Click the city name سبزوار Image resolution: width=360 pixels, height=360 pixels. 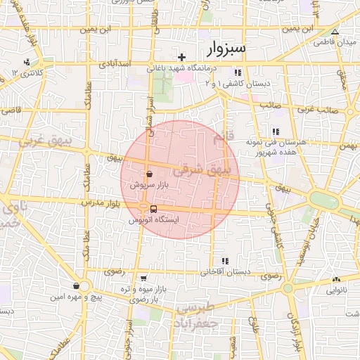coord(227,49)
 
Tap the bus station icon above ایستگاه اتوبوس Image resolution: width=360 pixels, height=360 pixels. coord(153,208)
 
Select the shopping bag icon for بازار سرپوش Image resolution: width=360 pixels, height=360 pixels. coord(148,173)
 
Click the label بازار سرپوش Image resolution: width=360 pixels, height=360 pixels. coord(148,185)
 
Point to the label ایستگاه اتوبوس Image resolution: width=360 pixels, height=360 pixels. coord(154,220)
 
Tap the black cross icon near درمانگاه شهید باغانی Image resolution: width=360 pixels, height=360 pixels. coord(181,57)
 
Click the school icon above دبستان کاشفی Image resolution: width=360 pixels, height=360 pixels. coord(238,72)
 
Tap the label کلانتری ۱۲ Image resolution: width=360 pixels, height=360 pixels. coord(30,73)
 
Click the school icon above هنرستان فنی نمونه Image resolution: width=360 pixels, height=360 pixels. coord(275,131)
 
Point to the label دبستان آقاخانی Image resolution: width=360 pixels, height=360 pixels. coord(224,271)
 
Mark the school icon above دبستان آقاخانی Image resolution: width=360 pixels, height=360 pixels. coord(224,261)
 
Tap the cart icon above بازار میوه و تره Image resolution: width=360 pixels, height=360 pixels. coord(143,278)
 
